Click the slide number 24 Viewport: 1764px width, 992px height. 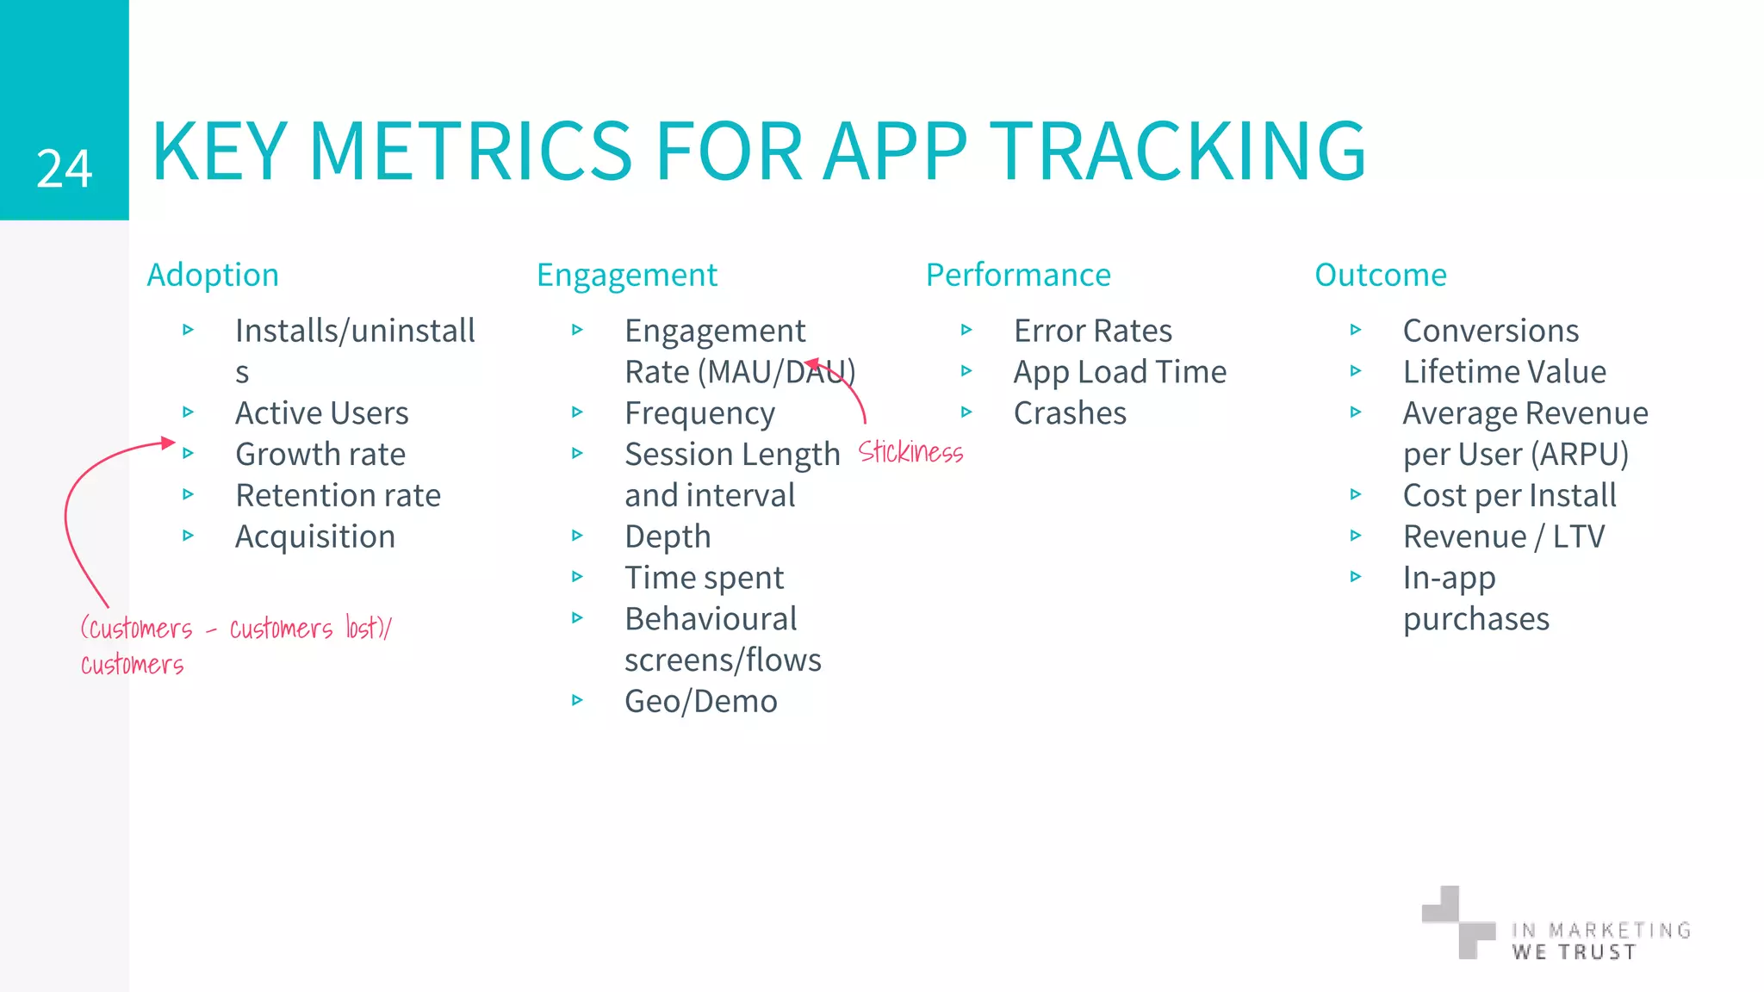click(x=64, y=169)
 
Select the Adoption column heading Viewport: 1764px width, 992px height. click(x=213, y=276)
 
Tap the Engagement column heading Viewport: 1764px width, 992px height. click(x=626, y=276)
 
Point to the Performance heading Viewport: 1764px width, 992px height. click(x=1018, y=276)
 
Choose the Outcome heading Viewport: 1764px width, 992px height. click(x=1380, y=276)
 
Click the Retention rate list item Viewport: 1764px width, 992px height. click(x=338, y=496)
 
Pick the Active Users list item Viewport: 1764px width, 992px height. click(x=321, y=413)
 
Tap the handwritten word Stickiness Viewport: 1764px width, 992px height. click(x=910, y=452)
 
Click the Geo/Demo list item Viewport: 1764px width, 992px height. click(x=700, y=702)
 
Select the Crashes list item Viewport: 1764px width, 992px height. click(x=1070, y=413)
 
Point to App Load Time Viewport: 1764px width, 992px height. click(x=1120, y=372)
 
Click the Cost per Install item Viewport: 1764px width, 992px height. click(x=1509, y=496)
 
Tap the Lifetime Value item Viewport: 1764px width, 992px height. click(x=1504, y=372)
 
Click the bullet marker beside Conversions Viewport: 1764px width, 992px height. click(x=1356, y=330)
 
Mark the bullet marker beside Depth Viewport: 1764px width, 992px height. click(x=577, y=536)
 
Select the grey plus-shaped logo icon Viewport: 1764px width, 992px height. click(x=1458, y=921)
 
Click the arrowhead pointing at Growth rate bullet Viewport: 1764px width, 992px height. click(x=168, y=443)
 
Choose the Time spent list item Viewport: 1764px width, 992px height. click(x=704, y=578)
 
